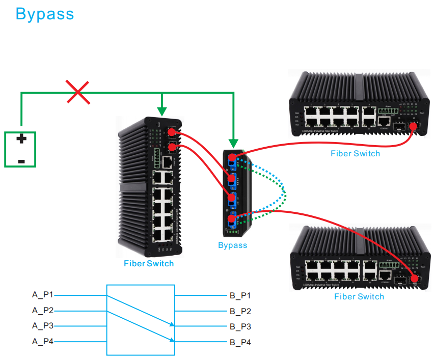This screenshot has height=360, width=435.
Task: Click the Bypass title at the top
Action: click(45, 14)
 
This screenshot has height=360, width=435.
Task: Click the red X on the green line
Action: click(77, 92)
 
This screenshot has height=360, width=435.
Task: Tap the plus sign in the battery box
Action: click(21, 139)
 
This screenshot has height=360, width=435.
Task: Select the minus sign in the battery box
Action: click(21, 161)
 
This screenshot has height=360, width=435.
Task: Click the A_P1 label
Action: click(43, 295)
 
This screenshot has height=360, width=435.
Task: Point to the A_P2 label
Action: click(43, 311)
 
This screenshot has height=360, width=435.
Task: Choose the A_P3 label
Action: click(43, 326)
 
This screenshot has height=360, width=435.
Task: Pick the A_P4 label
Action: click(43, 342)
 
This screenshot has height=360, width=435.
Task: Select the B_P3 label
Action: click(240, 326)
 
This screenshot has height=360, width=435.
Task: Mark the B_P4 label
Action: click(240, 342)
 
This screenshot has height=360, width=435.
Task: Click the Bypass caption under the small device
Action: click(232, 245)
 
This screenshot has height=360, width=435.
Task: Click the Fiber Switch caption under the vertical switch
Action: click(149, 264)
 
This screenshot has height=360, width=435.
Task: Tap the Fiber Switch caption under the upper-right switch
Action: click(355, 153)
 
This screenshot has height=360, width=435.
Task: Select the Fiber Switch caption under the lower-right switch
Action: click(359, 296)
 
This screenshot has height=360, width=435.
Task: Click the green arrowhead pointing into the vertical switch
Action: click(162, 111)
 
